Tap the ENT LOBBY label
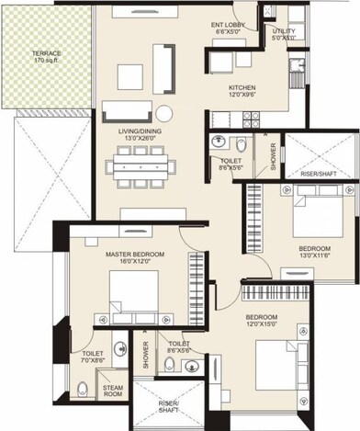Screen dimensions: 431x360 click(226, 26)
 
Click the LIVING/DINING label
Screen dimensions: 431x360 click(141, 131)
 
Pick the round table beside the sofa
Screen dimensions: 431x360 click(163, 113)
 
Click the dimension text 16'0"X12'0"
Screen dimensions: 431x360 click(130, 263)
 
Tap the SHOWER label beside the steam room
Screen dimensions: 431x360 click(144, 357)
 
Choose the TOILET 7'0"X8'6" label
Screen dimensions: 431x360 click(93, 357)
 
